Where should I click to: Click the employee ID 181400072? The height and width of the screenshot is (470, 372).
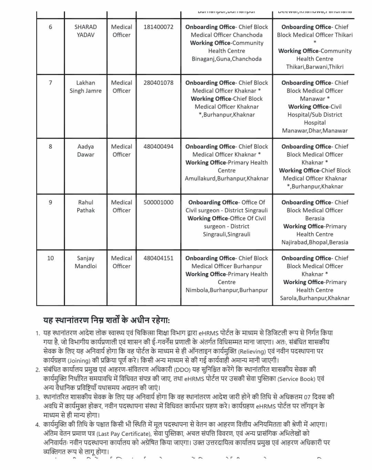click(158, 27)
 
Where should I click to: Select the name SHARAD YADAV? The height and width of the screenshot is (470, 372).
click(85, 31)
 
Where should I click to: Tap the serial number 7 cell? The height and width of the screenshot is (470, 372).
click(50, 83)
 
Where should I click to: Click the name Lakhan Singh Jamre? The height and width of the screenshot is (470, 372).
click(85, 87)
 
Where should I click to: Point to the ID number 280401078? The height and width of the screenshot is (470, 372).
click(158, 83)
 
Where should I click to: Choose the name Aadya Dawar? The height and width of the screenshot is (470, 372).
click(85, 150)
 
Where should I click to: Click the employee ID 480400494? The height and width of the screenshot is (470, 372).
click(158, 147)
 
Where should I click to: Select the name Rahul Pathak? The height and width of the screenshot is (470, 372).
click(85, 206)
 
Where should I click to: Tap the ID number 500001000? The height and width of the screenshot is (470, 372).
click(158, 202)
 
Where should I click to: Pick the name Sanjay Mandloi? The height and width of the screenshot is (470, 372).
click(85, 262)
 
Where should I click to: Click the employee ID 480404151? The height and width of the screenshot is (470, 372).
click(158, 258)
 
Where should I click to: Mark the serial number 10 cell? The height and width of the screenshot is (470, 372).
click(50, 258)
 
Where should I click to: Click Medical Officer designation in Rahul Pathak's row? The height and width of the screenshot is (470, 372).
click(121, 206)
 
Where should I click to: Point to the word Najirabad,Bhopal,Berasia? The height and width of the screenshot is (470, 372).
click(314, 242)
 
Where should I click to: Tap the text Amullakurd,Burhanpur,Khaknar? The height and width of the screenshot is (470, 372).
click(227, 179)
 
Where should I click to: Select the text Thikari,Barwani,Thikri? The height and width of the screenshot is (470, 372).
click(314, 67)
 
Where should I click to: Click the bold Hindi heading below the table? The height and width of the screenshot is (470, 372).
click(106, 320)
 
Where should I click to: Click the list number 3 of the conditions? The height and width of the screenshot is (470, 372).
click(38, 397)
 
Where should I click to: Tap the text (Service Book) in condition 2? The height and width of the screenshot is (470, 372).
click(297, 379)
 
